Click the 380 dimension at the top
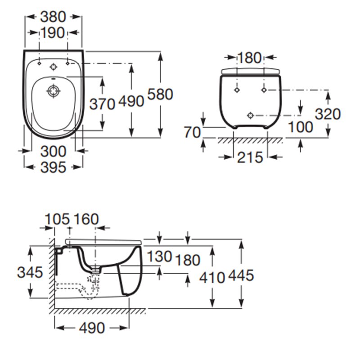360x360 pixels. (54, 17)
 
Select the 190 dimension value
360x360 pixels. (54, 33)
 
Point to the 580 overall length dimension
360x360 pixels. (160, 94)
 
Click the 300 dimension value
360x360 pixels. (53, 151)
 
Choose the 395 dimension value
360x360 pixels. (53, 167)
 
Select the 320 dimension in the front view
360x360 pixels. (328, 114)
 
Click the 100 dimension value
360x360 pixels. (300, 127)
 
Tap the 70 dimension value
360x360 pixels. (192, 133)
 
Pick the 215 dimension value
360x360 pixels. (250, 157)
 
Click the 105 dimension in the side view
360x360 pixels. (57, 219)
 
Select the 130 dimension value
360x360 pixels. (160, 256)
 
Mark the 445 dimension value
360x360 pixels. (242, 275)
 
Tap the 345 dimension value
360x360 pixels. (30, 272)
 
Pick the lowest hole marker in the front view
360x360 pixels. (251, 115)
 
